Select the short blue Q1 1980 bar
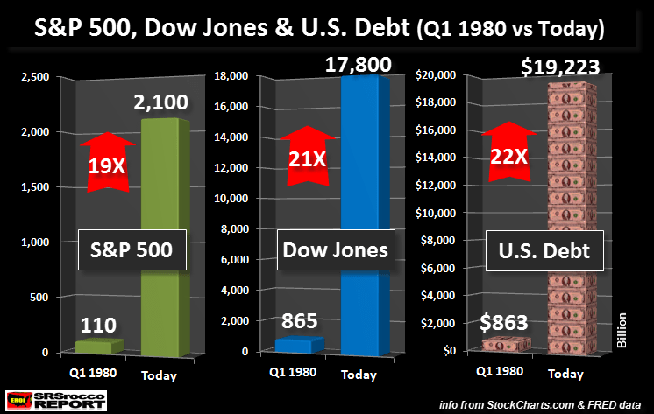pos(299,345)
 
